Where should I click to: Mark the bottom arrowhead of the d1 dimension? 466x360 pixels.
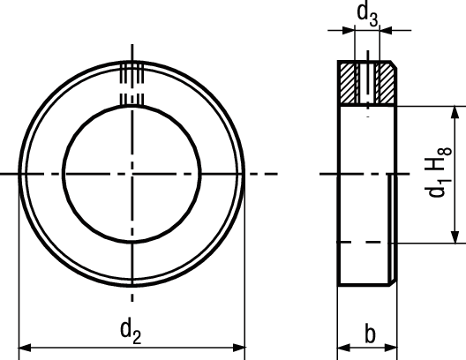pos(455,236)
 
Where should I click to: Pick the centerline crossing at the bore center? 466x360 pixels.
pos(132,175)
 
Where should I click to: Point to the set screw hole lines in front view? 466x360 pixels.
pos(132,84)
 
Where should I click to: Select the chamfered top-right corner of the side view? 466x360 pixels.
pos(392,66)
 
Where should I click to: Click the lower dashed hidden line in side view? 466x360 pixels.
pos(365,242)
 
